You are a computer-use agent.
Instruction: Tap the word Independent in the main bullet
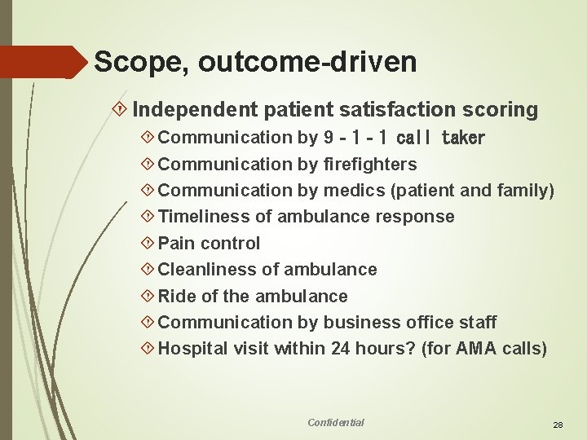pos(192,109)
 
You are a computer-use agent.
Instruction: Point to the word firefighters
pos(370,164)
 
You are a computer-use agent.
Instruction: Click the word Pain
pos(176,243)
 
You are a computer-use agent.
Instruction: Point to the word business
pos(360,323)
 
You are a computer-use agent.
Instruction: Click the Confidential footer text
pos(336,422)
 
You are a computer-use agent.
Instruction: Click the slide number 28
pos(558,425)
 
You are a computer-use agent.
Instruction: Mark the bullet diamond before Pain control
pos(148,243)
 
